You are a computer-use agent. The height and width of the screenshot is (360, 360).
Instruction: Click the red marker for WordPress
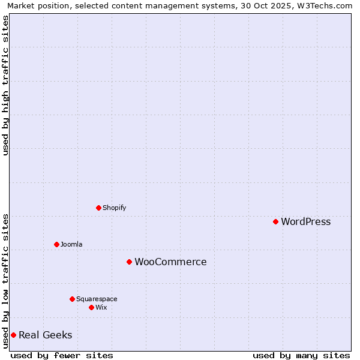(275, 221)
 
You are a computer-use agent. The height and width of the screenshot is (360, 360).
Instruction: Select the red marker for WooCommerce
(129, 262)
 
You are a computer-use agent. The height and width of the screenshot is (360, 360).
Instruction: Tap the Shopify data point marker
(98, 208)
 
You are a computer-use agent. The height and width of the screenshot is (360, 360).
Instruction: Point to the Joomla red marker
(56, 244)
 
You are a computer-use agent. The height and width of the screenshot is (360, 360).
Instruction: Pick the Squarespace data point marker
(72, 299)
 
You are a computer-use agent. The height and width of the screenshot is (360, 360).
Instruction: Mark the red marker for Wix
(91, 307)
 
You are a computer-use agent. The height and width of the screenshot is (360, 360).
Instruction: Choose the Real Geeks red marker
(13, 335)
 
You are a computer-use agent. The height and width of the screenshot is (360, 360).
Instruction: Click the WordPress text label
(305, 221)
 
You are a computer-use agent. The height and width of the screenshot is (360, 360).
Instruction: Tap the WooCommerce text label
(170, 262)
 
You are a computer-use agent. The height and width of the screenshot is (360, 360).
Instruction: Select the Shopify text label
(114, 208)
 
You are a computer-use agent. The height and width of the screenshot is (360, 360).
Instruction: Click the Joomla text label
(71, 244)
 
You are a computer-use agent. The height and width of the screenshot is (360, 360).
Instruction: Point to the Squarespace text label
(97, 299)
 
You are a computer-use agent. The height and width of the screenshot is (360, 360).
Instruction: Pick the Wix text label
(101, 307)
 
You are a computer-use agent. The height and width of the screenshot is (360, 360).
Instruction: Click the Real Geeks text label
(45, 335)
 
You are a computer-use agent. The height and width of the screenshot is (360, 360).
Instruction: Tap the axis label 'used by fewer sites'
(62, 355)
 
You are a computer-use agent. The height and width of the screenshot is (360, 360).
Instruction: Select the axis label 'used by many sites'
(301, 355)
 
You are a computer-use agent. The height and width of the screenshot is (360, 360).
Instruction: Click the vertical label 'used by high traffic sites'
(5, 85)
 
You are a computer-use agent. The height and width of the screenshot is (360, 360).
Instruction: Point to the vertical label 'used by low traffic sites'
(5, 281)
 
